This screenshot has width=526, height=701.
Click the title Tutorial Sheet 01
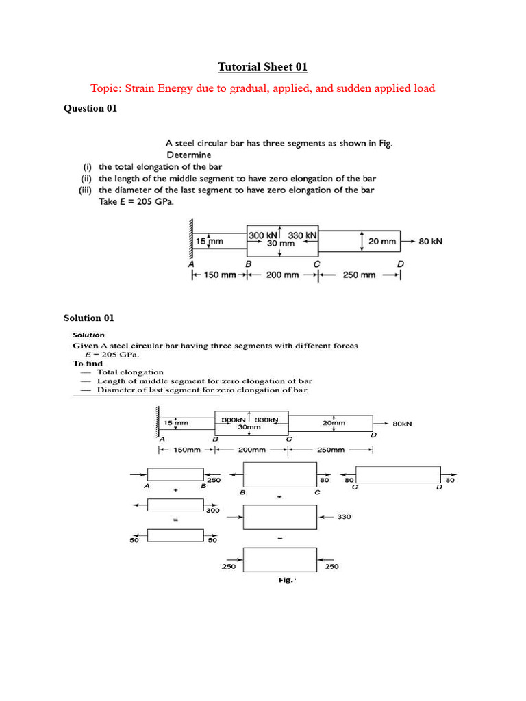tap(263, 67)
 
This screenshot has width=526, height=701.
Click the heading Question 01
tap(90, 108)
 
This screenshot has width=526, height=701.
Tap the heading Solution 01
tap(89, 318)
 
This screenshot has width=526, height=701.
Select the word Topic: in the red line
tap(108, 88)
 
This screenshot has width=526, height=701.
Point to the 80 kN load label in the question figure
tap(430, 241)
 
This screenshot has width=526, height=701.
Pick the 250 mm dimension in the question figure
tap(358, 275)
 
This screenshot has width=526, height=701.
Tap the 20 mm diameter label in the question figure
tap(382, 242)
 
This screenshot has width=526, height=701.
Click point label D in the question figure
tap(401, 264)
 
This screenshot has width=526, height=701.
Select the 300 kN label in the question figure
tap(262, 235)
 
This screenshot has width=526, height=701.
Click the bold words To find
tap(88, 364)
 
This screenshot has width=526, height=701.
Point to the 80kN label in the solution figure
tap(402, 424)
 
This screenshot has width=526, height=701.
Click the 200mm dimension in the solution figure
tap(251, 450)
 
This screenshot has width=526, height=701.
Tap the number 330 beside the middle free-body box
tap(344, 517)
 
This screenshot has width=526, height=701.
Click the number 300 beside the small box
tap(212, 510)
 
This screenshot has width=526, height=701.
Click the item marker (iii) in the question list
tap(87, 190)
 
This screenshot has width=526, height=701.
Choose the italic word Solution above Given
tap(89, 335)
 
